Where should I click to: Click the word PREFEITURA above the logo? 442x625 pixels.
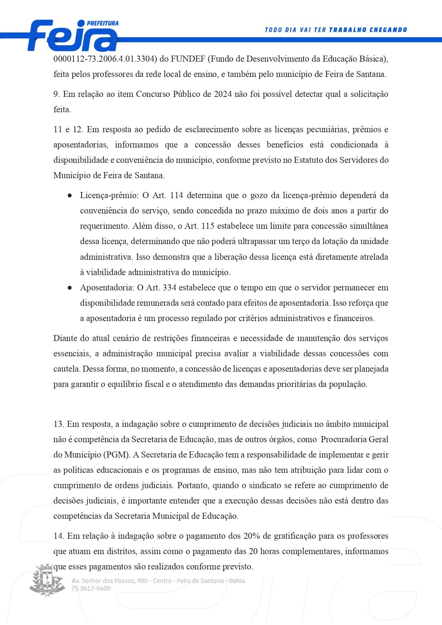click(103, 23)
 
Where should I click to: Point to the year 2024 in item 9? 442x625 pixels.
click(223, 94)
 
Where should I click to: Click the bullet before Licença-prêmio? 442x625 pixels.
click(70, 196)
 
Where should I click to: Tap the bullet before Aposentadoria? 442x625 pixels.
click(70, 288)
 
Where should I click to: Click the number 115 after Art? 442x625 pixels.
click(208, 226)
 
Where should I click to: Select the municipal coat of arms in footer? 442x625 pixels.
click(47, 580)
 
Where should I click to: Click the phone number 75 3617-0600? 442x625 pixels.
click(91, 588)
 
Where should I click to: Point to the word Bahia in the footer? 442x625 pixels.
click(237, 581)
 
